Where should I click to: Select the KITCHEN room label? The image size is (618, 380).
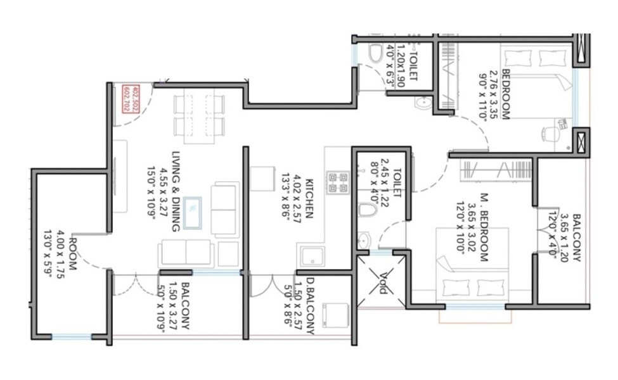pyautogui.click(x=309, y=197)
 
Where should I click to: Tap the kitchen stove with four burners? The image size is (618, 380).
pyautogui.click(x=336, y=182)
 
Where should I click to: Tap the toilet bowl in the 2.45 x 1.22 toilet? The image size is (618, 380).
pyautogui.click(x=367, y=210)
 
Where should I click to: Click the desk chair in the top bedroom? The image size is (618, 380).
pyautogui.click(x=550, y=134)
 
